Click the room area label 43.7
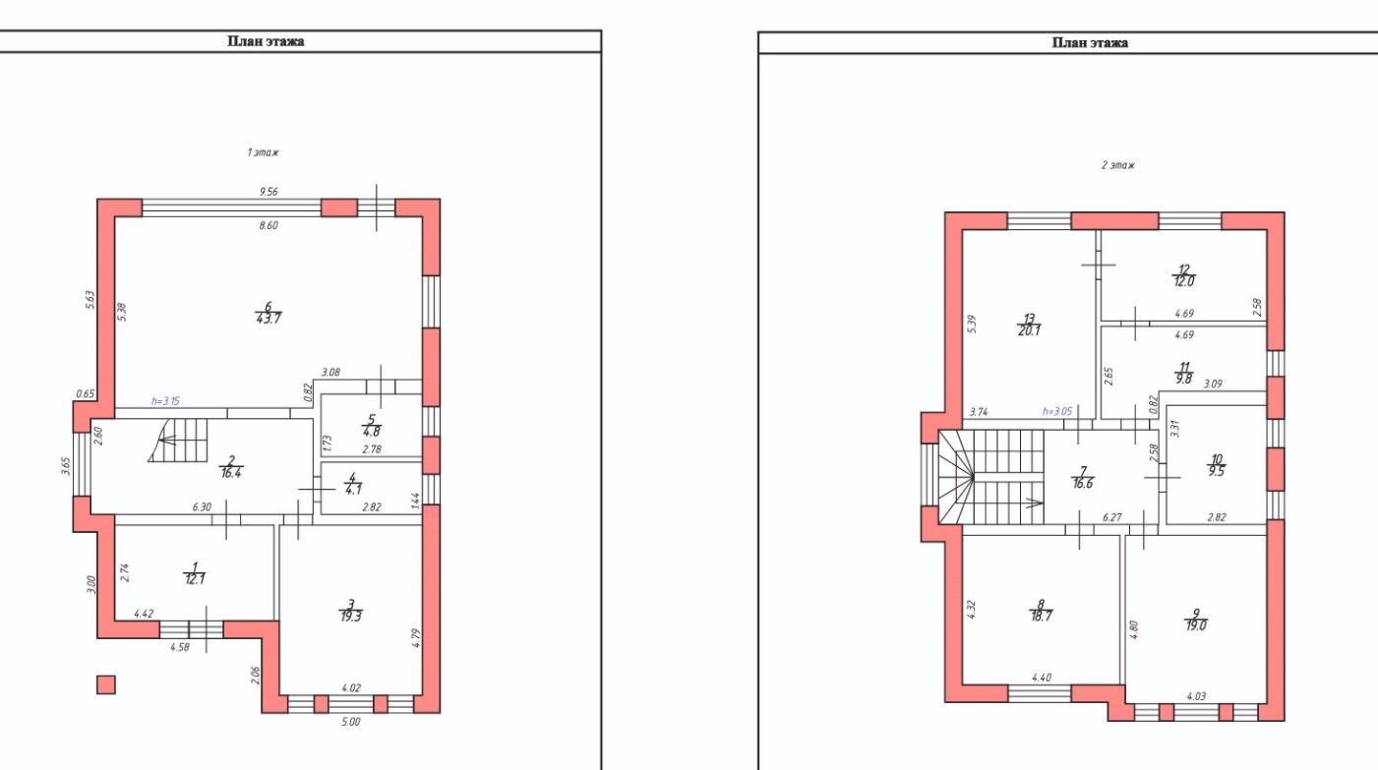coord(269,320)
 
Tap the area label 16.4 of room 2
coord(230,474)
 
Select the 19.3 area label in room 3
coord(351,617)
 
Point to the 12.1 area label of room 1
coord(195,579)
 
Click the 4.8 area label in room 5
coord(372,432)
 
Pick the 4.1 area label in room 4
coord(354,490)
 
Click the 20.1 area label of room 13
coord(1029,330)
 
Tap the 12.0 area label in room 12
coord(1183,281)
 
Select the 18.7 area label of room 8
coord(1041,617)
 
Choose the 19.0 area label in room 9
coord(1196,626)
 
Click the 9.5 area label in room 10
coord(1217,472)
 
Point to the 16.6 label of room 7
coord(1083,484)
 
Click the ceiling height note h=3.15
coord(165,401)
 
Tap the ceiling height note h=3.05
coord(1057,411)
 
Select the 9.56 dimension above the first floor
coord(269,192)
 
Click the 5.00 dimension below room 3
coord(351,722)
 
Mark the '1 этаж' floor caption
coord(263,152)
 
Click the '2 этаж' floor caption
coord(1117,165)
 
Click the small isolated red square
coord(106,685)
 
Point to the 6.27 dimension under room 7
coord(1112,518)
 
